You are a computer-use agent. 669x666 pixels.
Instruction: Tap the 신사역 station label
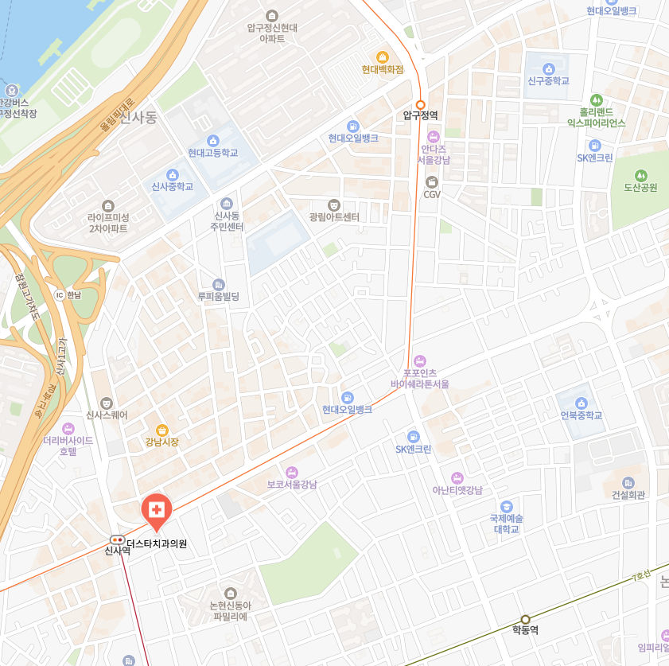(x=117, y=550)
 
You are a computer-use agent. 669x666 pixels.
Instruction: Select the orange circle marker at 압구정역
(x=421, y=104)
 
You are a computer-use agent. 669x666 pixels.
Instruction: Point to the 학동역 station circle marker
(x=525, y=619)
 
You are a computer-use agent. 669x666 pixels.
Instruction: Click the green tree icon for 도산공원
(x=640, y=175)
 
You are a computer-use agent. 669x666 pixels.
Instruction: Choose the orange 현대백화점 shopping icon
(x=382, y=56)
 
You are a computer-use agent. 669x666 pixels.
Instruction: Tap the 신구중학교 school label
(x=548, y=81)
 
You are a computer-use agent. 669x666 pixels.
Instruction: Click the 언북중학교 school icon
(x=581, y=403)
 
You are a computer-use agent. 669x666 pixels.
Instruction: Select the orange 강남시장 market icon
(x=161, y=430)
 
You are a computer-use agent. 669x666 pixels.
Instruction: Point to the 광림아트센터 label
(x=334, y=217)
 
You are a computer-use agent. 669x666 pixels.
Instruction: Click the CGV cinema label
(x=432, y=194)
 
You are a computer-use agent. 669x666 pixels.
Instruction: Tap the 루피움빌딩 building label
(x=218, y=297)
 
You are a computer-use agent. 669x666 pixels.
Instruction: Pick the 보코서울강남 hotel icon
(x=292, y=472)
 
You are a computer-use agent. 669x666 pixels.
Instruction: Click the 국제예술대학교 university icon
(x=506, y=506)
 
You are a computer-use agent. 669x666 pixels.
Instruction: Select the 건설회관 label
(x=628, y=495)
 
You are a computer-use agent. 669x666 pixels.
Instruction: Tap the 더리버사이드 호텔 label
(x=68, y=446)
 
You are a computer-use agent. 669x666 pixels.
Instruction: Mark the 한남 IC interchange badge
(x=59, y=294)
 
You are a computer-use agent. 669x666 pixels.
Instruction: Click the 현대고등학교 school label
(x=212, y=153)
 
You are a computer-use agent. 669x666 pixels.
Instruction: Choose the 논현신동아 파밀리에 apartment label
(x=230, y=611)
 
